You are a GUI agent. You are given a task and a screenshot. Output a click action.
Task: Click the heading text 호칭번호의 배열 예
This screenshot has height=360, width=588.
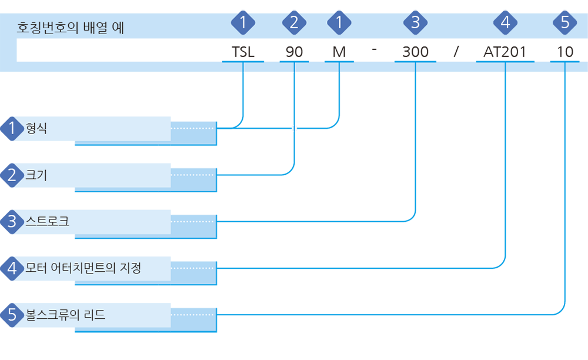pyautogui.click(x=71, y=28)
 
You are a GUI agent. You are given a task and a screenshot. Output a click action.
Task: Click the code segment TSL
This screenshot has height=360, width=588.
pyautogui.click(x=243, y=52)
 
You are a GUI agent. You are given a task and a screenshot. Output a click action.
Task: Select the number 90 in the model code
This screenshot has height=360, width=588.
pyautogui.click(x=294, y=52)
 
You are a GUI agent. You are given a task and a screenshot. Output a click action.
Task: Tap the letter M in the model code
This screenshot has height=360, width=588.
pyautogui.click(x=339, y=52)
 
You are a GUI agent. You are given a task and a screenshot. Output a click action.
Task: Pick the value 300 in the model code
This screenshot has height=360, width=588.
pyautogui.click(x=415, y=52)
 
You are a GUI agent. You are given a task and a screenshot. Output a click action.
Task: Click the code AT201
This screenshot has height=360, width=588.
pyautogui.click(x=505, y=52)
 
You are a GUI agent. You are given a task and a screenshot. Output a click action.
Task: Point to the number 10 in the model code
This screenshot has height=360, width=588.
pyautogui.click(x=564, y=52)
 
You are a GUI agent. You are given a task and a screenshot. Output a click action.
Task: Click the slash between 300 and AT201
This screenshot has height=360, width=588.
pyautogui.click(x=456, y=51)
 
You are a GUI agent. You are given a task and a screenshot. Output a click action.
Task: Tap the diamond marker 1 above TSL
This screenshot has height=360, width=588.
pyautogui.click(x=243, y=22)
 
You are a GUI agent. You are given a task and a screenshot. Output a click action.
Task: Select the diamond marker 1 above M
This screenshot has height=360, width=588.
pyautogui.click(x=339, y=22)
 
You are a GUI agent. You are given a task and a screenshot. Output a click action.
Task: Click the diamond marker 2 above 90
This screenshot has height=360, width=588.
pyautogui.click(x=294, y=22)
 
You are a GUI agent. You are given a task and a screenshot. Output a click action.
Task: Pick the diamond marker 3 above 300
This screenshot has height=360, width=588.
pyautogui.click(x=415, y=22)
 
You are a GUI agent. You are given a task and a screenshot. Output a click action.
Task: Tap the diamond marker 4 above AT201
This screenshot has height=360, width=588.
pyautogui.click(x=505, y=22)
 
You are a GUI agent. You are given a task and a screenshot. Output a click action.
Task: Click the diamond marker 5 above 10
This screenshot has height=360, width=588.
pyautogui.click(x=564, y=22)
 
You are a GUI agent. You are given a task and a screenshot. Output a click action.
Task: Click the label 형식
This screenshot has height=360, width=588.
pyautogui.click(x=36, y=128)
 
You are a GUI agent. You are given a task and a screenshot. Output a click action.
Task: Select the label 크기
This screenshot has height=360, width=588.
pyautogui.click(x=36, y=175)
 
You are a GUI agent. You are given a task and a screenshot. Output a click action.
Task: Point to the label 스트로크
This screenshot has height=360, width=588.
pyautogui.click(x=47, y=221)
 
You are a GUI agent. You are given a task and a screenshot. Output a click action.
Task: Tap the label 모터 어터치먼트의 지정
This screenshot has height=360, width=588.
pyautogui.click(x=83, y=268)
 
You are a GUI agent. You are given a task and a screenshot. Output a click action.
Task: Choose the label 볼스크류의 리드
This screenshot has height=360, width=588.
pyautogui.click(x=65, y=314)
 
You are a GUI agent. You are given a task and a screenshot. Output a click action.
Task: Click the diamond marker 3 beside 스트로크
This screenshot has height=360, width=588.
pyautogui.click(x=12, y=222)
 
